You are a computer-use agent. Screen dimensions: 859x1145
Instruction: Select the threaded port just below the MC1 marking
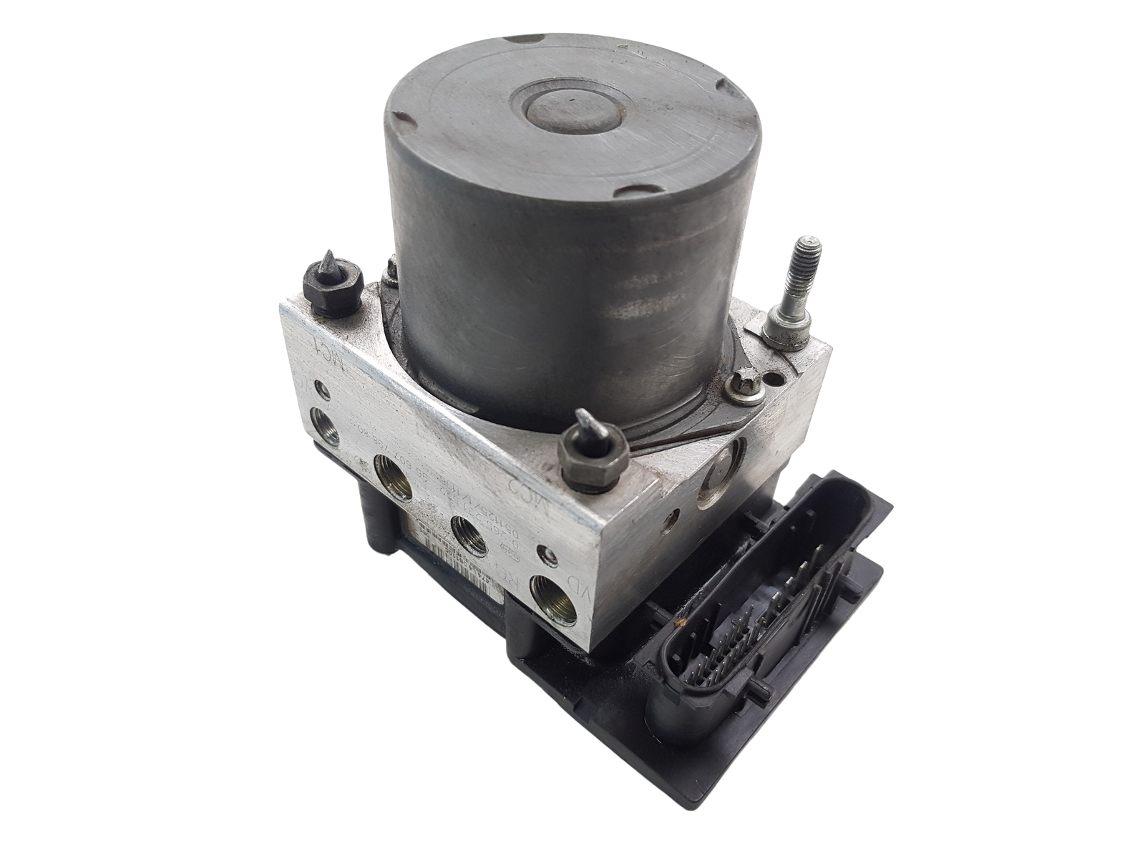(x=326, y=418)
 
